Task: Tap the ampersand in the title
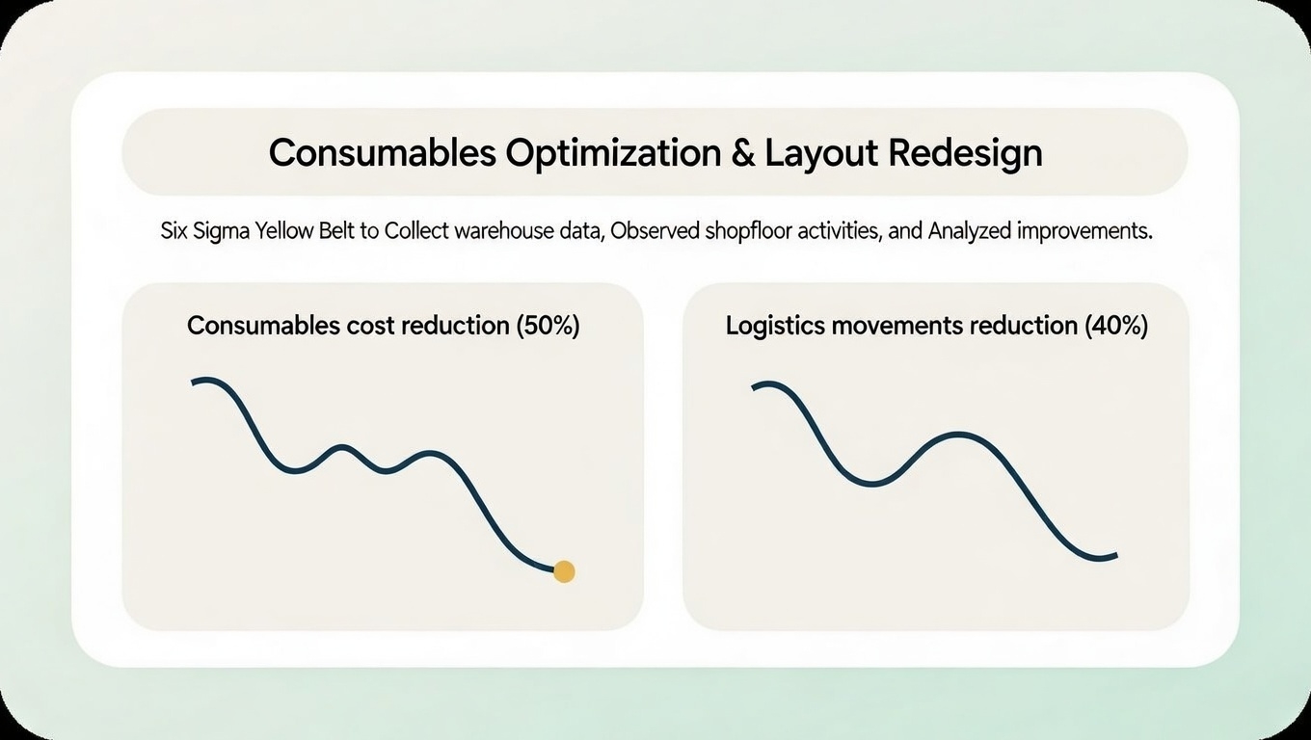[x=743, y=153]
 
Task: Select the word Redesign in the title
[x=966, y=153]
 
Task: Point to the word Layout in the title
[x=820, y=153]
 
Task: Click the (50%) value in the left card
[x=548, y=326]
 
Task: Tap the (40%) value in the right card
[x=1115, y=326]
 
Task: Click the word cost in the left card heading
[x=366, y=326]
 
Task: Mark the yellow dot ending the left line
[x=564, y=571]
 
